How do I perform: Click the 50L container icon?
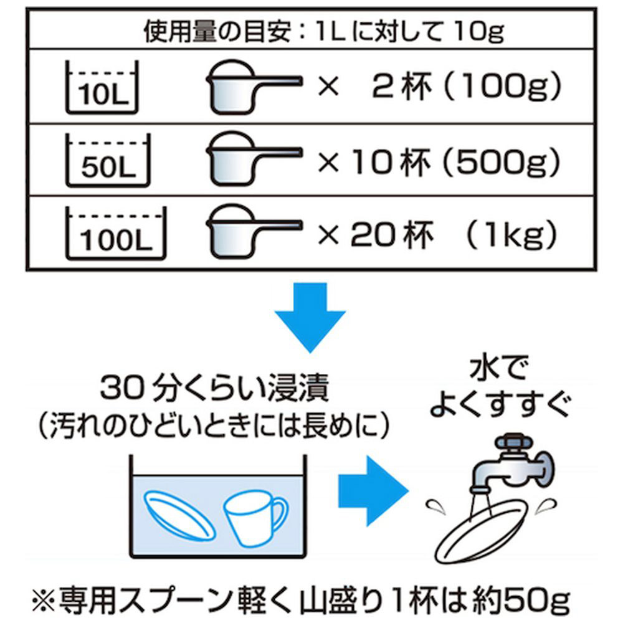pos(102,162)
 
